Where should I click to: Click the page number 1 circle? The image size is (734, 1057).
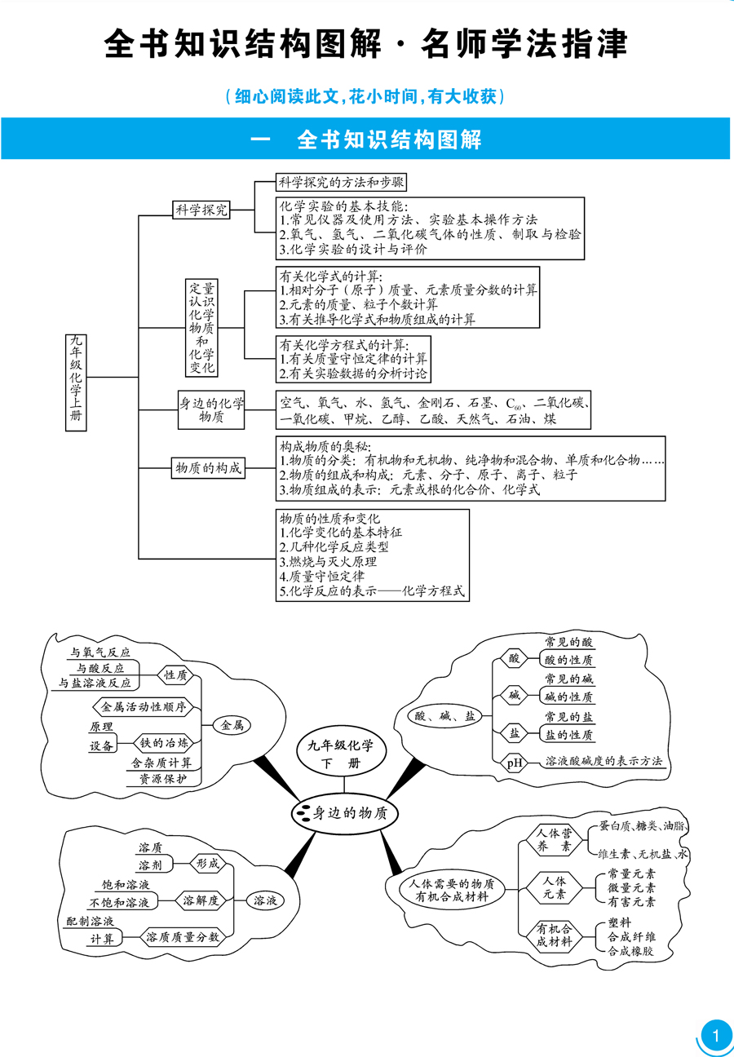pos(716,1037)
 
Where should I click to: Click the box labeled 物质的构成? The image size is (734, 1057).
pos(207,468)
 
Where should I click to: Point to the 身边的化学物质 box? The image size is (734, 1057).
pos(210,410)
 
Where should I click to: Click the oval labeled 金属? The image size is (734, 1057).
pos(232,724)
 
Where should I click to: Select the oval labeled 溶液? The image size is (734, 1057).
pos(265,901)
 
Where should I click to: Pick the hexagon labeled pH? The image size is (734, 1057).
pos(515,763)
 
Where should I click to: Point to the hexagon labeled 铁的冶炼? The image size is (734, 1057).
pos(164,742)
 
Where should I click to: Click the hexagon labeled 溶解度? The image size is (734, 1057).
pos(200,901)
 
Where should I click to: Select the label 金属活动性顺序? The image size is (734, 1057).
pos(144,705)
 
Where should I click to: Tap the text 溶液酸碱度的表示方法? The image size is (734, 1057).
pos(604,762)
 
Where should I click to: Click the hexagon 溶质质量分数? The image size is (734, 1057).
pos(183,937)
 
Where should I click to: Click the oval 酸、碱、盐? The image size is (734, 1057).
pos(445,716)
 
